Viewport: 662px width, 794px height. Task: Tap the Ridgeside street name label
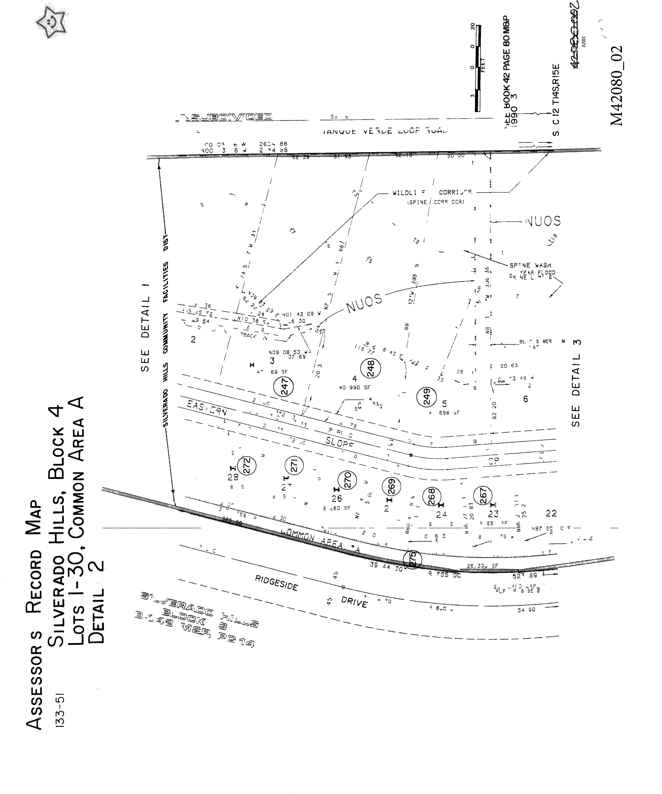(x=276, y=583)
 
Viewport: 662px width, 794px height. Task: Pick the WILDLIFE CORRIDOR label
(x=432, y=192)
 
